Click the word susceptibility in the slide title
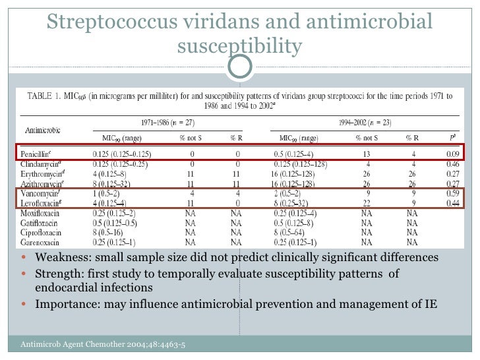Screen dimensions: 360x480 tap(240, 46)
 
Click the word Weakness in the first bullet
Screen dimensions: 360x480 tap(61, 257)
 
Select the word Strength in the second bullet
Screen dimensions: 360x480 tap(59, 273)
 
